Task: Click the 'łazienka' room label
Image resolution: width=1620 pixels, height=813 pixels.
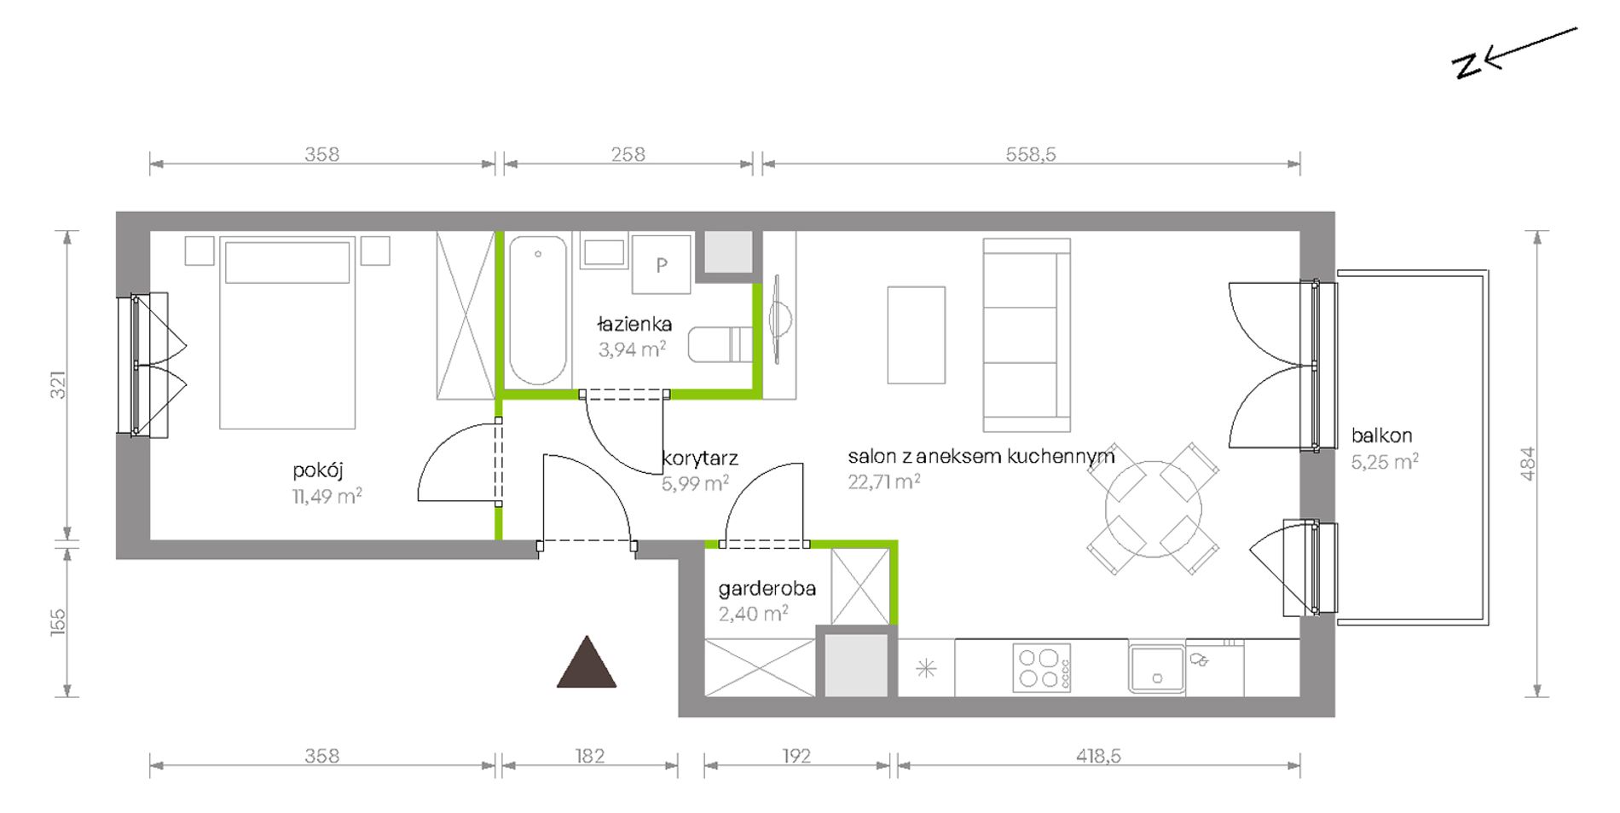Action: pos(634,324)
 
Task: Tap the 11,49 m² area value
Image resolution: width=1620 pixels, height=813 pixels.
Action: pos(327,496)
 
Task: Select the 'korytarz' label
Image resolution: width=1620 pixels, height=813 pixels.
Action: pos(700,458)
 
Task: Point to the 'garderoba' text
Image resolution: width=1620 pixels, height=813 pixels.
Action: pos(767,588)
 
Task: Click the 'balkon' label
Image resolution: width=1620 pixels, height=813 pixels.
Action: pos(1381,435)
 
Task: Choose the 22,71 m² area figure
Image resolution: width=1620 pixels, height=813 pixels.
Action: pos(883,481)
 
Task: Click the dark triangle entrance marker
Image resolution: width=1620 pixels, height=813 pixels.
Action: pos(587,662)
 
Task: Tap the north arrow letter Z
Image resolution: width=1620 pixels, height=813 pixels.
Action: pos(1467,66)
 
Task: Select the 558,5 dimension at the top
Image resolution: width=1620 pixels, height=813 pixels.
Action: pos(1031,154)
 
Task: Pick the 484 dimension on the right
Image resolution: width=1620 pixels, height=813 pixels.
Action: pos(1527,464)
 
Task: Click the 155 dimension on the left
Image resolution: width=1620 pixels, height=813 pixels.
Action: pos(57,622)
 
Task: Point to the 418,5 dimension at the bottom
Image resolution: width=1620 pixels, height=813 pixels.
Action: pos(1098,756)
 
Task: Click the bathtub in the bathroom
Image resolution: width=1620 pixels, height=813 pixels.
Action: pos(538,311)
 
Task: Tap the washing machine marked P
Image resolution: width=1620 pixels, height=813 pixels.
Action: pos(661,265)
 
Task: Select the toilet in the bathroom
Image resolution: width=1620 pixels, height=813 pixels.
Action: pos(720,345)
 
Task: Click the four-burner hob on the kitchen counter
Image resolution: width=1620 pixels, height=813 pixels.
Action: pos(1042,668)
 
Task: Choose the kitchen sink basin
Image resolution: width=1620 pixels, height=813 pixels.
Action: pos(1157,669)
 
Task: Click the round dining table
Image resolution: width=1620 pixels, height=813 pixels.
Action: pos(1154,509)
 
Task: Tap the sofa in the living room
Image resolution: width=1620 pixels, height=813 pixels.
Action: pos(1027,335)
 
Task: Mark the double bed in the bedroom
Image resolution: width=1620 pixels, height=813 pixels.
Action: pos(287,332)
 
